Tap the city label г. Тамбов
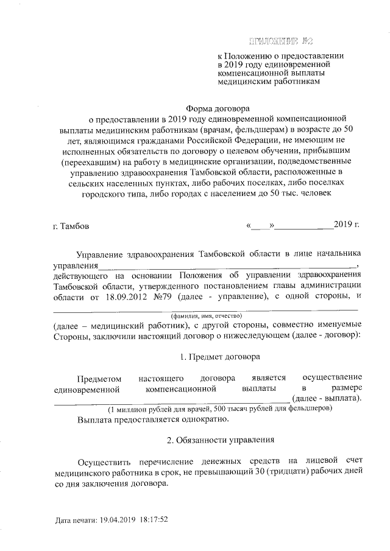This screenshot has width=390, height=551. click(71, 226)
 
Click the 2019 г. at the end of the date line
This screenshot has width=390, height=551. click(347, 225)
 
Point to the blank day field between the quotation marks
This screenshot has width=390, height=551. click(260, 226)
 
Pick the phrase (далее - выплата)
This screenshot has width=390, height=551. click(327, 398)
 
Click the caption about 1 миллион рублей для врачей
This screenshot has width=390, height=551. click(219, 409)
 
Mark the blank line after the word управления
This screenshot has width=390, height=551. click(226, 265)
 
